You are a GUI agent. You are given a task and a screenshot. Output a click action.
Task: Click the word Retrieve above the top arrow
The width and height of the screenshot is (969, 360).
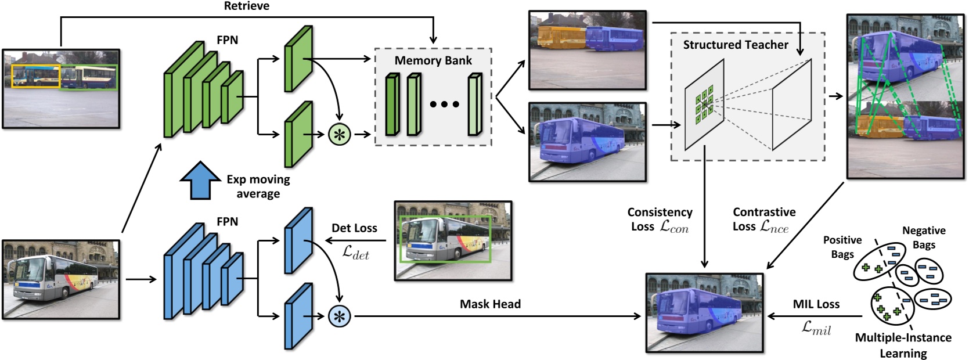pyautogui.click(x=246, y=6)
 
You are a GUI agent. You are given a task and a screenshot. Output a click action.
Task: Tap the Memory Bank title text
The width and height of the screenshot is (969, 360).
pyautogui.click(x=433, y=60)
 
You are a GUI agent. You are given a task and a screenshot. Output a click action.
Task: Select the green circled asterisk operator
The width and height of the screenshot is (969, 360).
pyautogui.click(x=340, y=135)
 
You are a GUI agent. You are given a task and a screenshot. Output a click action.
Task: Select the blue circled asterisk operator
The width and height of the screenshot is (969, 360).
pyautogui.click(x=340, y=316)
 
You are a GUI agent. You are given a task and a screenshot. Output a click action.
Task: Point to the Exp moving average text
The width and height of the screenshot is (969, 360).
pyautogui.click(x=258, y=186)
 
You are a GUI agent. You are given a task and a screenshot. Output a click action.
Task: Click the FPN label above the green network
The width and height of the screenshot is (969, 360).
pyautogui.click(x=227, y=40)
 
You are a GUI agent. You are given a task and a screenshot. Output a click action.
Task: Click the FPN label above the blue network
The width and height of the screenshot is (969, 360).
pyautogui.click(x=227, y=221)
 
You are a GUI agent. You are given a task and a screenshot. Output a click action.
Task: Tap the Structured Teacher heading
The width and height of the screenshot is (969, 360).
pyautogui.click(x=735, y=45)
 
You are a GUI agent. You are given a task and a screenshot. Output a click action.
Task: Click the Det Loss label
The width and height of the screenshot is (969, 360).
pyautogui.click(x=354, y=228)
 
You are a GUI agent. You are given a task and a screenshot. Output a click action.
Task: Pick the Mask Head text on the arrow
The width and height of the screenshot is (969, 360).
pyautogui.click(x=490, y=304)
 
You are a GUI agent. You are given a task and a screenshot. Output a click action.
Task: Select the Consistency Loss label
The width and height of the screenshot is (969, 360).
pyautogui.click(x=660, y=219)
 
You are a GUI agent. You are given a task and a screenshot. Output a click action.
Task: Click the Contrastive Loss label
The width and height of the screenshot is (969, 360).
pyautogui.click(x=763, y=219)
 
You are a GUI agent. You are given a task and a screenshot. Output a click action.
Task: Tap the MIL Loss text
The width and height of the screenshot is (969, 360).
pyautogui.click(x=816, y=304)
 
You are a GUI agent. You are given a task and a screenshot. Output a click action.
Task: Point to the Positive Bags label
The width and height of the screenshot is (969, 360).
pyautogui.click(x=842, y=246)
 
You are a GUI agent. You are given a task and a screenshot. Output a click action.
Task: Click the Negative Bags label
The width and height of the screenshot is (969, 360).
pyautogui.click(x=923, y=237)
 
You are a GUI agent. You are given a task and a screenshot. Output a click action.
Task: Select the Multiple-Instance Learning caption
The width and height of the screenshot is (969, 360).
pyautogui.click(x=903, y=345)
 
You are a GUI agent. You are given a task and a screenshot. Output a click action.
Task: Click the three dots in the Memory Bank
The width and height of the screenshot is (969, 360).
pyautogui.click(x=444, y=105)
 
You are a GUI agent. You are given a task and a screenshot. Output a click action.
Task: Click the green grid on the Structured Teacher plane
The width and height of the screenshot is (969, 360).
pyautogui.click(x=704, y=105)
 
